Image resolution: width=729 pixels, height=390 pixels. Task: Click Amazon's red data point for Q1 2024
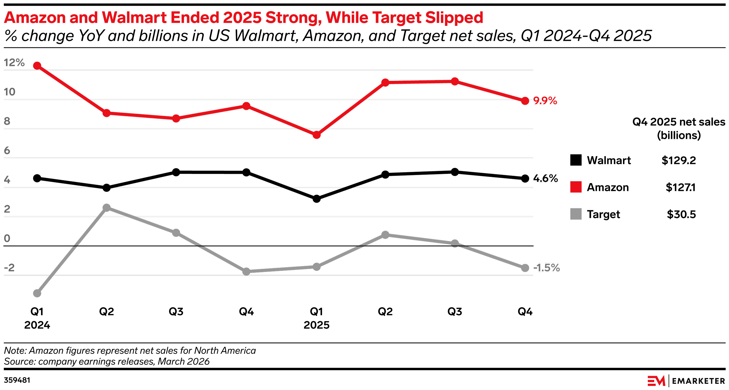click(x=37, y=66)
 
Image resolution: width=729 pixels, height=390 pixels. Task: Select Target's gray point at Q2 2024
click(x=106, y=208)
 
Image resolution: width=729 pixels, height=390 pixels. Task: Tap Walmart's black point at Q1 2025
click(x=316, y=199)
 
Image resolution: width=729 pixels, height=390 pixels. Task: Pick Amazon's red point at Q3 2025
click(x=454, y=82)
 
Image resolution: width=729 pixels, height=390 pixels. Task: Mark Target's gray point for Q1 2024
click(x=37, y=293)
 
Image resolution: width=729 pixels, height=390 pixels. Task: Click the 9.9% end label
click(x=545, y=101)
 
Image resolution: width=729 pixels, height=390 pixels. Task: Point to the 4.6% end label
click(x=545, y=178)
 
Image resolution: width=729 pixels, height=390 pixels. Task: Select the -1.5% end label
click(x=546, y=268)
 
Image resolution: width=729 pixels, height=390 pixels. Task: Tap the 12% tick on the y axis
click(x=14, y=63)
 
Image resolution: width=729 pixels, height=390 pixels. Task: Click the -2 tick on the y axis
click(x=9, y=268)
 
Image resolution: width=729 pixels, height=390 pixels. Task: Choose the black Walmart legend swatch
click(x=576, y=160)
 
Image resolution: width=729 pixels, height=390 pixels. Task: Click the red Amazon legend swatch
click(x=576, y=187)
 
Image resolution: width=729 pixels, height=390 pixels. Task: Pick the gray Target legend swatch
click(x=576, y=214)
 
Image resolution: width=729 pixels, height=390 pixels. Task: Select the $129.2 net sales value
click(x=678, y=160)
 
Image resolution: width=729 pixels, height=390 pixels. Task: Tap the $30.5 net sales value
click(x=681, y=214)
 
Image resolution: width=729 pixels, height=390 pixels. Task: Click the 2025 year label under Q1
click(x=316, y=325)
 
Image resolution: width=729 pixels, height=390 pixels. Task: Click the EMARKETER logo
click(x=686, y=381)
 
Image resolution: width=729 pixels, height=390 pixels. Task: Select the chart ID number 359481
click(x=17, y=380)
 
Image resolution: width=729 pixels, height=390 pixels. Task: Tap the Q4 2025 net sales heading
click(x=678, y=128)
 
